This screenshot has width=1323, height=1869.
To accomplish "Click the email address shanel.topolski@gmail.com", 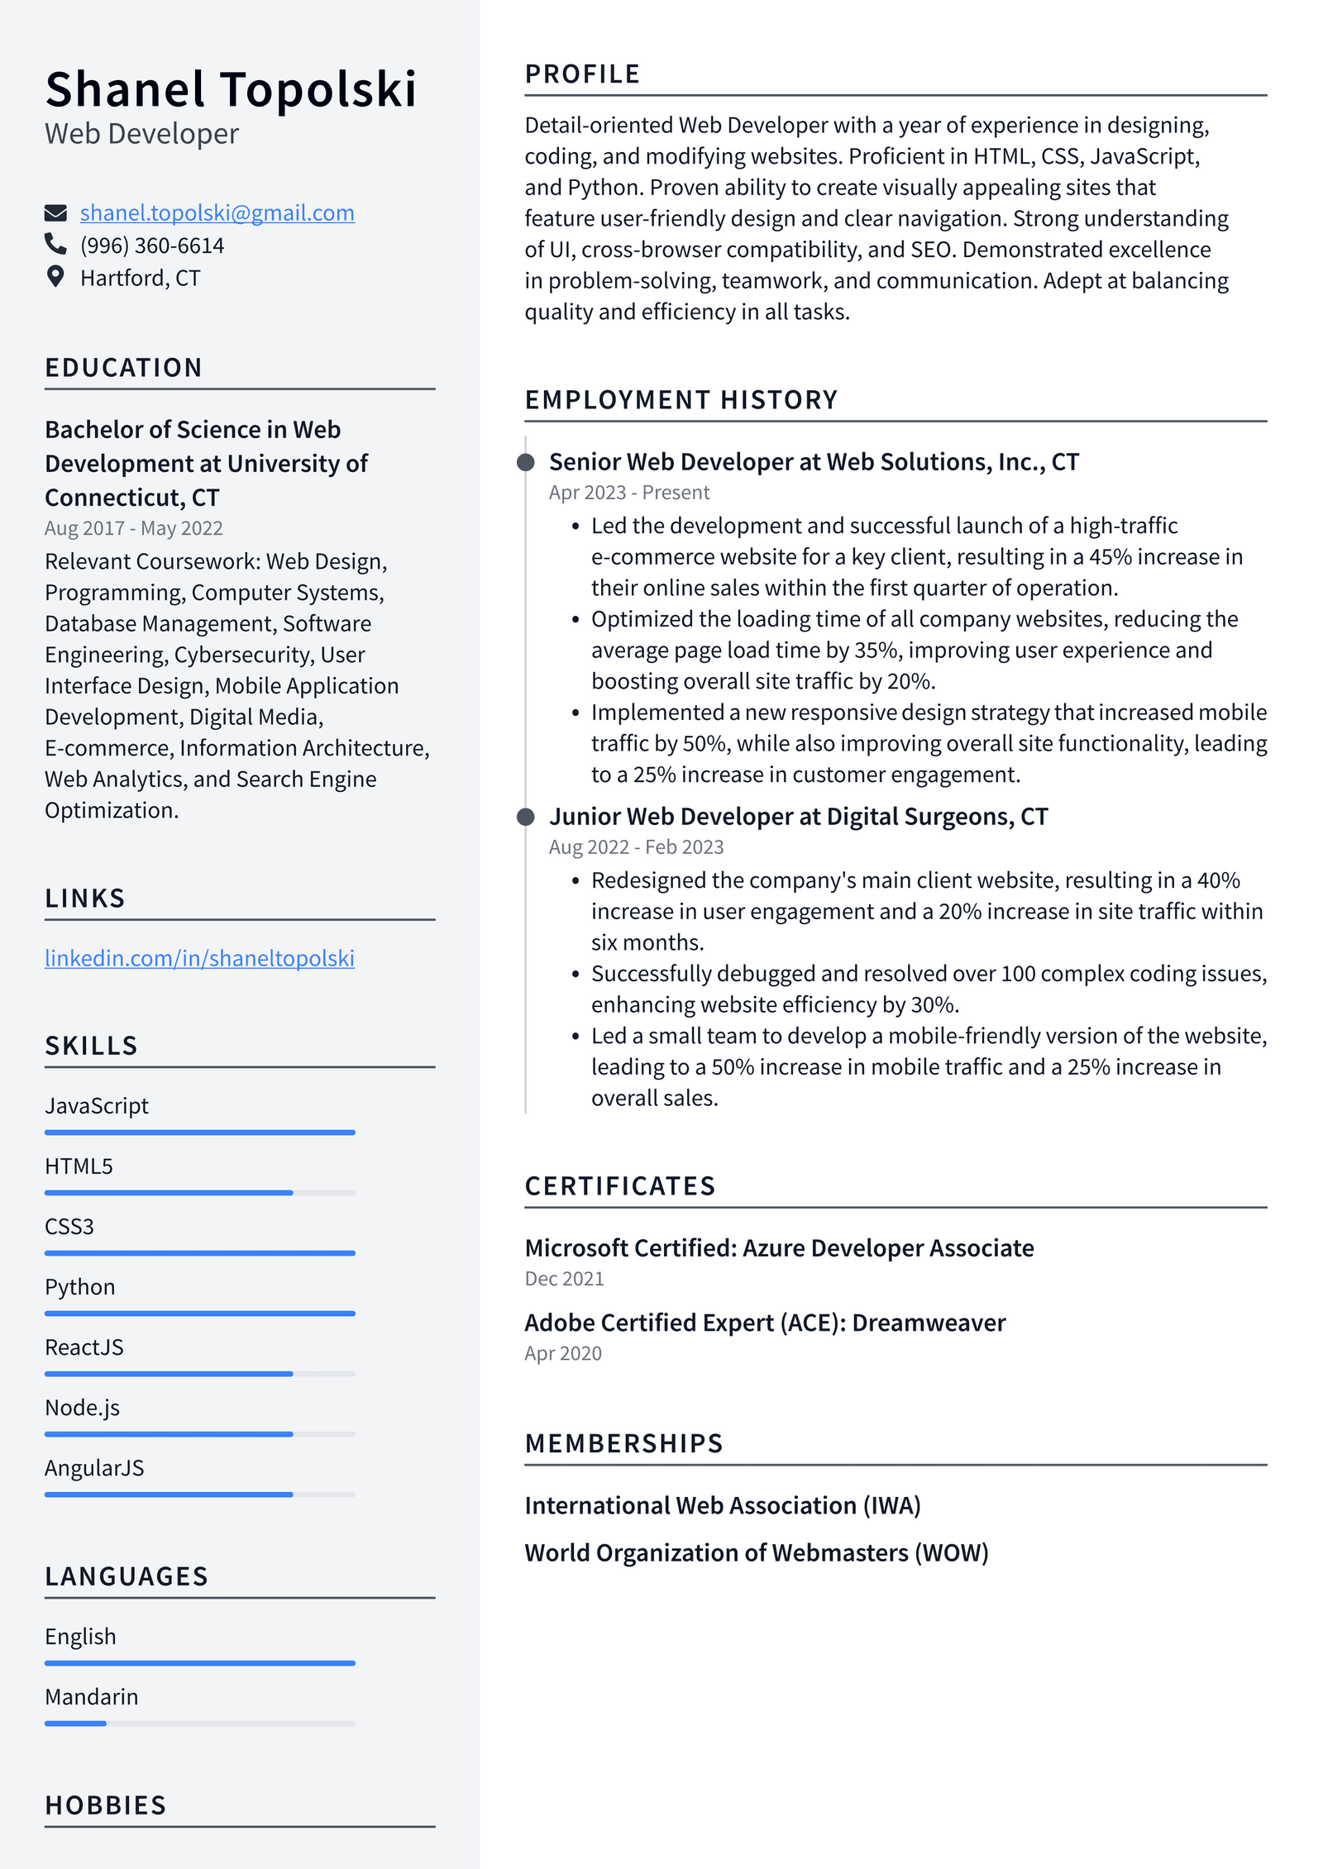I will (217, 213).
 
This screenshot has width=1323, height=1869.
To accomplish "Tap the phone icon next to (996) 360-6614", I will (55, 244).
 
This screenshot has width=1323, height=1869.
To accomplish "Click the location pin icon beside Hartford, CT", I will (55, 276).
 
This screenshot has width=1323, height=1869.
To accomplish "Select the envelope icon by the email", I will (55, 213).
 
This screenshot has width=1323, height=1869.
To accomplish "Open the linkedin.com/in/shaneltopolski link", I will (199, 958).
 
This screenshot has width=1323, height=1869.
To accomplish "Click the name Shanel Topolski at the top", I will (231, 89).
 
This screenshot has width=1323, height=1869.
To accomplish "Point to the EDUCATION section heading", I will (123, 368).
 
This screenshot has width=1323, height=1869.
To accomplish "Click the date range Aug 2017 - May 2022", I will (133, 528).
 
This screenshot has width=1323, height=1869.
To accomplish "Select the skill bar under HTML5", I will (199, 1193).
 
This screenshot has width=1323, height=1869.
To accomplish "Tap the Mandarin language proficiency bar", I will (199, 1724).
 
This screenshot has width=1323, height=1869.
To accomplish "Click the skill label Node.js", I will (82, 1408).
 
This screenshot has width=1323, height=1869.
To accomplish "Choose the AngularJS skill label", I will (94, 1468).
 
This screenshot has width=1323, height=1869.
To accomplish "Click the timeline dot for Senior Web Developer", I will (526, 462).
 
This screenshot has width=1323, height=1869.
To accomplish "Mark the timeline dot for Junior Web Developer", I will (526, 817).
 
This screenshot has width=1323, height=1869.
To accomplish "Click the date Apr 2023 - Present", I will (628, 493).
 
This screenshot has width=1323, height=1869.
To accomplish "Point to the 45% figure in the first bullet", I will (1110, 557).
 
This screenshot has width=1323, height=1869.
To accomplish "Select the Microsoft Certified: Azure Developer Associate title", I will (779, 1248).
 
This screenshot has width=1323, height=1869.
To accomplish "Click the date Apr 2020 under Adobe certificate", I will (562, 1354).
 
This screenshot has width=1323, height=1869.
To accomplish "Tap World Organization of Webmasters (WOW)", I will (756, 1553).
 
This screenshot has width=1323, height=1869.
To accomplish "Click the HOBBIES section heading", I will (106, 1805).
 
